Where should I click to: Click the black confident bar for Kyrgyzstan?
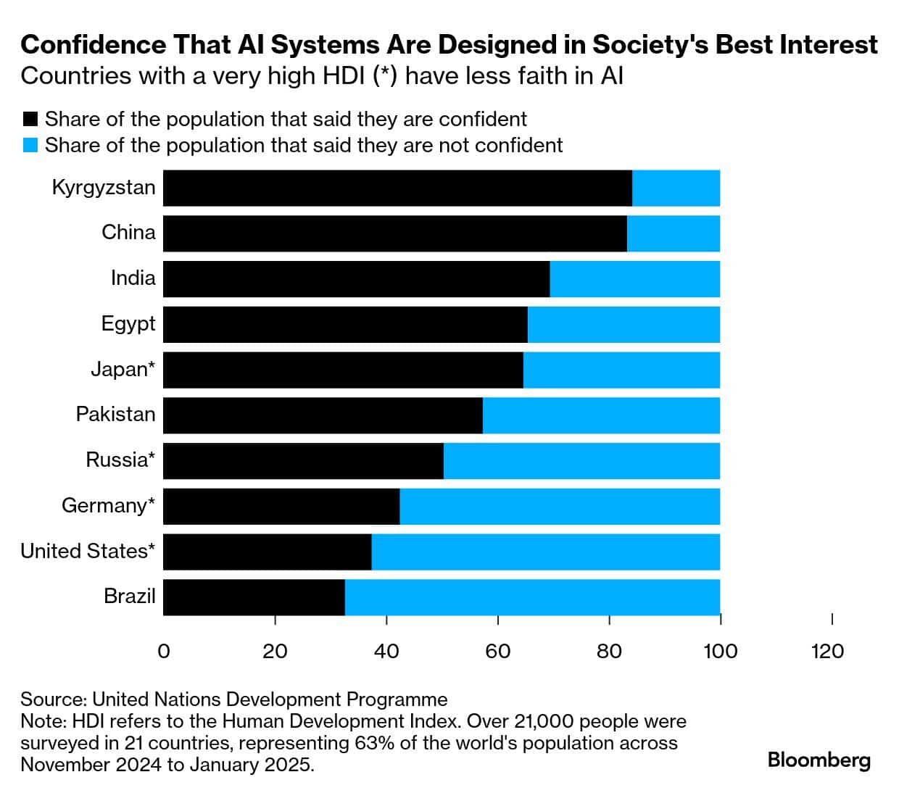397,188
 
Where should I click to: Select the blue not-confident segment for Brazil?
532,597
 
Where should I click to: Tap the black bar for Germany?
281,506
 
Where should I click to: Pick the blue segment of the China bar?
674,233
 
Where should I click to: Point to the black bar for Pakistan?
323,415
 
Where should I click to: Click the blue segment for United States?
546,552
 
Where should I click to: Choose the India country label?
133,278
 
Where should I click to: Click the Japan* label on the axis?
123,370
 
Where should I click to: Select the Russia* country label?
120,460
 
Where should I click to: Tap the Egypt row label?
128,324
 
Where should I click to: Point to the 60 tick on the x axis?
498,651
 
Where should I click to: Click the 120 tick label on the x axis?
827,651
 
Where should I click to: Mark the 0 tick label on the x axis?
164,651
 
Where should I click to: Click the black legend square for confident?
30,119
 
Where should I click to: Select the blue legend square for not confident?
30,145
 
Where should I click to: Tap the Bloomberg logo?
819,760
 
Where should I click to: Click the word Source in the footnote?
53,699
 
